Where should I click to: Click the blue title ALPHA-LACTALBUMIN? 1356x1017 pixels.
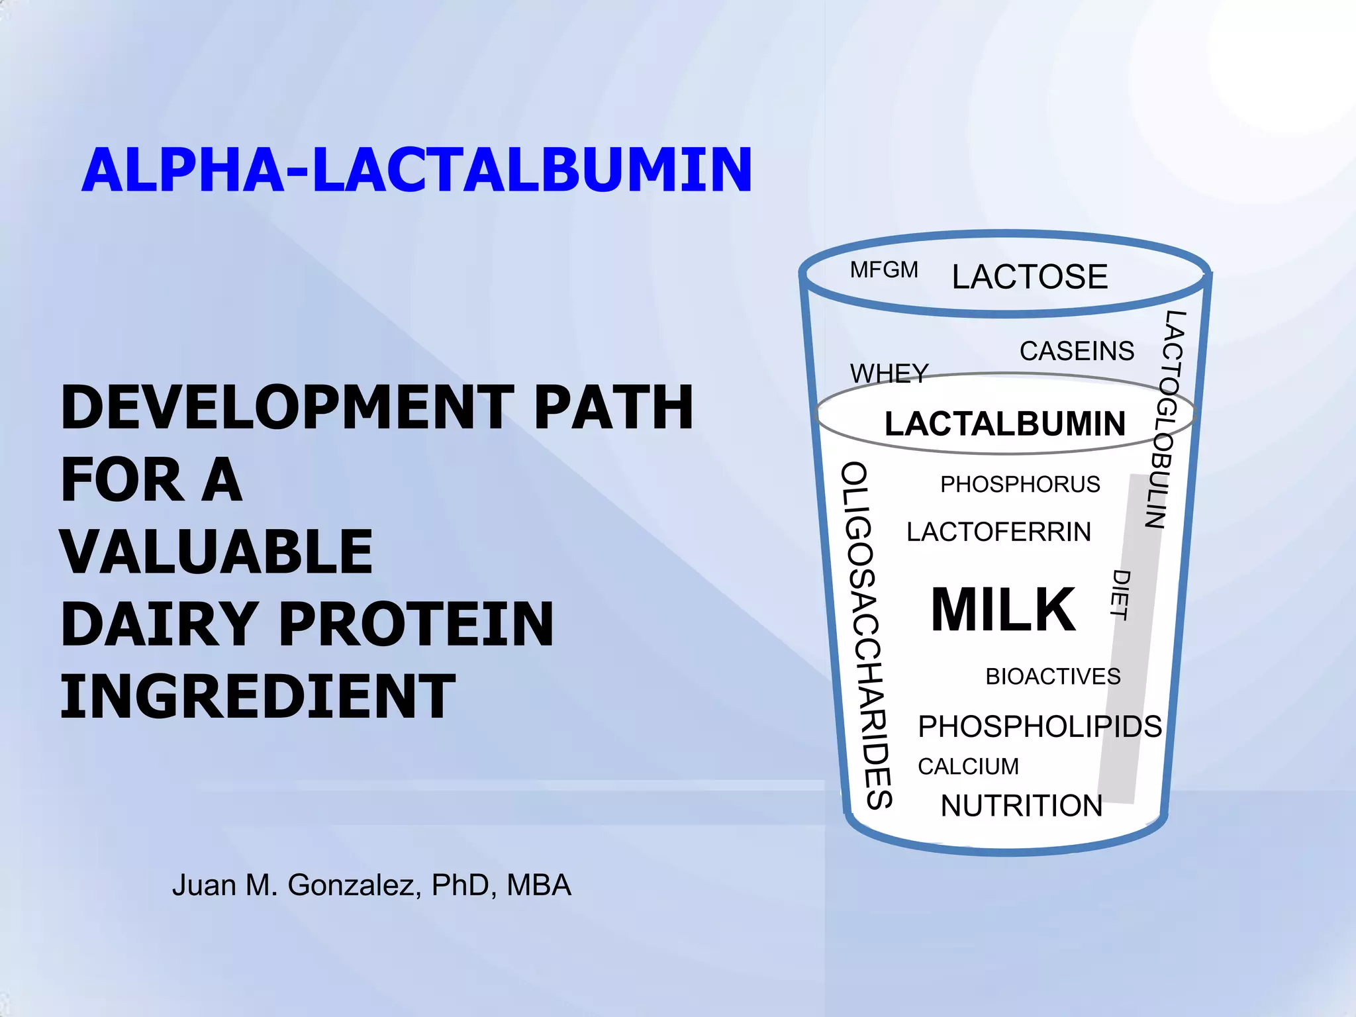(x=417, y=171)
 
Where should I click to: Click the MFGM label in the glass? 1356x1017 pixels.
(x=884, y=270)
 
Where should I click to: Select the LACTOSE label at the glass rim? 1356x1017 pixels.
(x=1030, y=277)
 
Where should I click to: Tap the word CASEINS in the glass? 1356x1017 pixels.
(x=1077, y=351)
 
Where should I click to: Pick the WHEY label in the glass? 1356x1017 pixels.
(x=889, y=373)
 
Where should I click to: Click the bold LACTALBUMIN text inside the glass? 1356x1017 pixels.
(x=1005, y=424)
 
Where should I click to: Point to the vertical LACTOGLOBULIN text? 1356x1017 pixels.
(x=1165, y=418)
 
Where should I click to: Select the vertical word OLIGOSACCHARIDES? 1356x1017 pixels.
(x=867, y=636)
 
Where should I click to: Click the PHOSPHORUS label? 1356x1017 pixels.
(x=1020, y=484)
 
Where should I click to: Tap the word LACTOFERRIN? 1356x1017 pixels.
(x=998, y=532)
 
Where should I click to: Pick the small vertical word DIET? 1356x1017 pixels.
(x=1120, y=595)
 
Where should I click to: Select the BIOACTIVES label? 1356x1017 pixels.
(x=1053, y=677)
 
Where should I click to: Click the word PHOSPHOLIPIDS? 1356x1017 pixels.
(x=1040, y=726)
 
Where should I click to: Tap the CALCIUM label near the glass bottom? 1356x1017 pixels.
(x=968, y=766)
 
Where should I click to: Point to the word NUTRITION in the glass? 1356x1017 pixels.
(x=1022, y=806)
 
